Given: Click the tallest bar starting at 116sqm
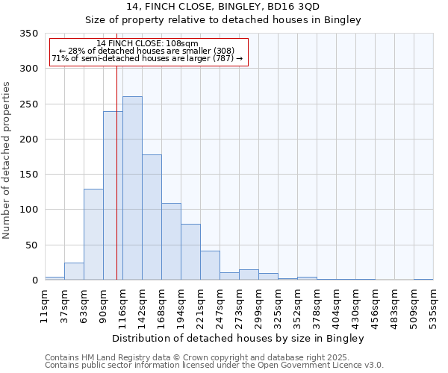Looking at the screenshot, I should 132,188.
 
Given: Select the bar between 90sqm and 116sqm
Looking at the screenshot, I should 113,195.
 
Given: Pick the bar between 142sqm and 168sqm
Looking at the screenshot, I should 152,217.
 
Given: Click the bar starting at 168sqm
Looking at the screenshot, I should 171,241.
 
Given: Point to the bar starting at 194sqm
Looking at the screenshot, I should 190,251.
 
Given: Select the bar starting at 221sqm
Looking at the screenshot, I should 210,265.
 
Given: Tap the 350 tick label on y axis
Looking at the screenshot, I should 28,34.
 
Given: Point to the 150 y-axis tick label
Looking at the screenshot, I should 28,175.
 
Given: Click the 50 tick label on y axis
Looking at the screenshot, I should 31,245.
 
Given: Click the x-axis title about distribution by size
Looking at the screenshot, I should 238,338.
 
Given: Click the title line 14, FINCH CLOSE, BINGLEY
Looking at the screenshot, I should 223,6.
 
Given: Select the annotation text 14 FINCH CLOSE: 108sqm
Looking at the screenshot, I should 147,44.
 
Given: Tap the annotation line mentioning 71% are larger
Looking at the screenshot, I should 147,59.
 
